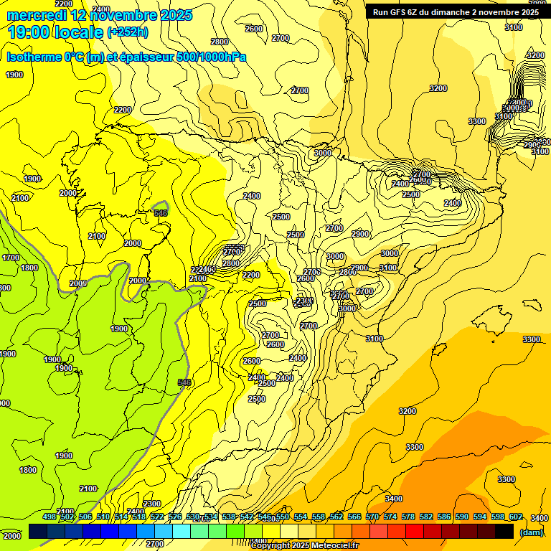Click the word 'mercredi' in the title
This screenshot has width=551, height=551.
[x=35, y=14]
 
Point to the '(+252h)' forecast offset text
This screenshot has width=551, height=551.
[x=128, y=32]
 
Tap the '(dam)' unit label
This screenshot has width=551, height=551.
[x=531, y=532]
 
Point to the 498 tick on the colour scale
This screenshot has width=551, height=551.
[x=50, y=517]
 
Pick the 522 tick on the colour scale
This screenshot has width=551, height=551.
[x=157, y=517]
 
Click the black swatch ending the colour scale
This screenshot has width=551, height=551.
[x=504, y=531]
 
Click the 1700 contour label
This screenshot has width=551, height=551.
[x=11, y=258]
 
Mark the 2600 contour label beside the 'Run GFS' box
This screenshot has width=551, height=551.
[x=254, y=29]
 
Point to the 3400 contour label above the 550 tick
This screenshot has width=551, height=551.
[x=393, y=499]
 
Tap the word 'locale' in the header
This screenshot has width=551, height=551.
[x=77, y=31]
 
